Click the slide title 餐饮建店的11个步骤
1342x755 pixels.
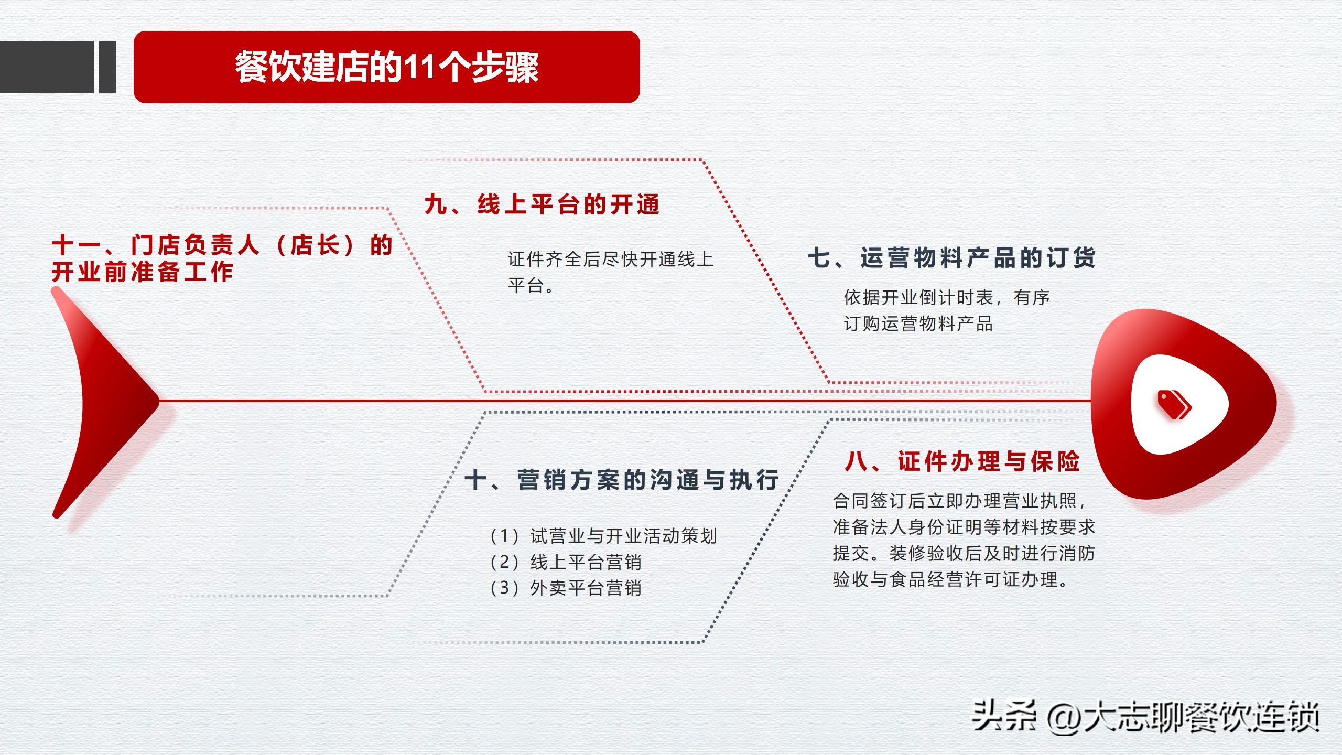pos(387,67)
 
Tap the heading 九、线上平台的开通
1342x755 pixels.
pos(542,204)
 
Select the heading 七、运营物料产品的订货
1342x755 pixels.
pos(952,258)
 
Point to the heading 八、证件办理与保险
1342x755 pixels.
pos(962,461)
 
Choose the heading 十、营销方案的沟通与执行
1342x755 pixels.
pos(622,480)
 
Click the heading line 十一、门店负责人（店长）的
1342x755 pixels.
pos(222,245)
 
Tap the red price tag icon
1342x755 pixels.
pos(1174,405)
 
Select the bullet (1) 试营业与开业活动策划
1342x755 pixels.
pos(603,536)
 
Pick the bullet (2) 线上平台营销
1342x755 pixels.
pos(565,562)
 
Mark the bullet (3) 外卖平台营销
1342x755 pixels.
pos(565,588)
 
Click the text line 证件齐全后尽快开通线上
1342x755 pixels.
pos(611,259)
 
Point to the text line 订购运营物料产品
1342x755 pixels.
pos(918,323)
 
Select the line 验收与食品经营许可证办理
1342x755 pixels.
pos(950,579)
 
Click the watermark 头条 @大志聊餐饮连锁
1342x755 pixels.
pos(1145,716)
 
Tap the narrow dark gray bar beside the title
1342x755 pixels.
pos(107,67)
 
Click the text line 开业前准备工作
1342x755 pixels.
pos(143,272)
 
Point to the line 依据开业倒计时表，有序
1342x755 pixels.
pos(947,298)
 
